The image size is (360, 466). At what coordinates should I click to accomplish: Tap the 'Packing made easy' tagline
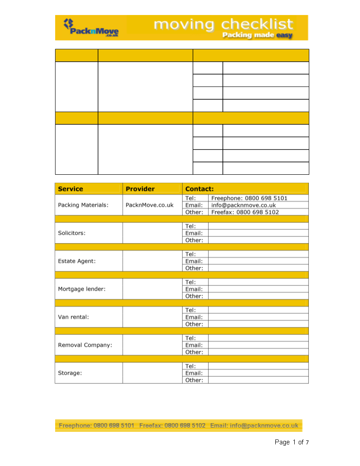(x=257, y=35)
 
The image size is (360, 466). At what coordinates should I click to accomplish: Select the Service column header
(x=71, y=189)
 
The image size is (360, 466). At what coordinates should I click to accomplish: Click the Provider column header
(x=140, y=189)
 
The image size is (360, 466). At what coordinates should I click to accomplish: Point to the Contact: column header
(x=199, y=189)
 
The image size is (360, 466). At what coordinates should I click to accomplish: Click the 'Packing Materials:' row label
(x=83, y=205)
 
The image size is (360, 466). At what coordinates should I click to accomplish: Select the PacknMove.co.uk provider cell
(x=150, y=205)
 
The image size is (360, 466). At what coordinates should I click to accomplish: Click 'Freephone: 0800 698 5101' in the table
(x=249, y=198)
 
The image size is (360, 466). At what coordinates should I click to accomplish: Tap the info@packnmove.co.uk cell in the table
(x=244, y=205)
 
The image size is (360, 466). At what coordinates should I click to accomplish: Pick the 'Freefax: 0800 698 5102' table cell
(x=245, y=212)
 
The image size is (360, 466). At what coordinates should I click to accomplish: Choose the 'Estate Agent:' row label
(x=77, y=261)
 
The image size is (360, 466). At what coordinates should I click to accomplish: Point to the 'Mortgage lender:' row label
(x=82, y=289)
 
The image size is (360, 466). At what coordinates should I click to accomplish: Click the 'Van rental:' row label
(x=73, y=317)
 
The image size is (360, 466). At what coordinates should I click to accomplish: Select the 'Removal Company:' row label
(x=85, y=345)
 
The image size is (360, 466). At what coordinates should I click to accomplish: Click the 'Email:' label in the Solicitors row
(x=194, y=233)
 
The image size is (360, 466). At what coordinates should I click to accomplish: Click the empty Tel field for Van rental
(x=258, y=310)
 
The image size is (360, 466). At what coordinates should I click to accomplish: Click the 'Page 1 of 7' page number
(x=292, y=442)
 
